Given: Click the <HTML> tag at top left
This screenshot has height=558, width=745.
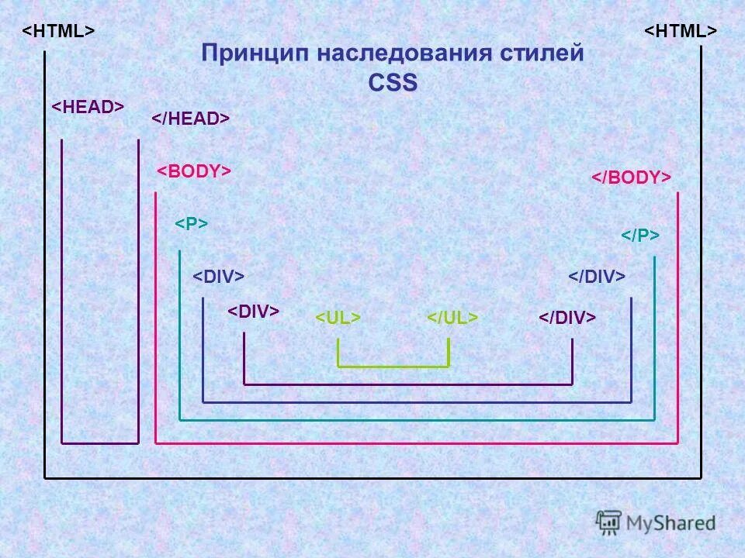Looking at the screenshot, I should click(58, 31).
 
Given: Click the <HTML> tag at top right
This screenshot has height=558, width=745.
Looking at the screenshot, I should click(681, 31).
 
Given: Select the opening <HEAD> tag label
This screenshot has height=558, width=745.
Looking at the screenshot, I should click(88, 108).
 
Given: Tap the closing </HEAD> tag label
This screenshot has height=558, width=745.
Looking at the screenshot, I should click(190, 118).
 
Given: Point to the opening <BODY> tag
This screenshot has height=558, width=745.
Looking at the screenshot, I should click(194, 171).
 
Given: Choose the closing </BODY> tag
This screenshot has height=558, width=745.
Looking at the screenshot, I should click(631, 177).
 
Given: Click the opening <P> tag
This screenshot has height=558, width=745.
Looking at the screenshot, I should click(191, 224).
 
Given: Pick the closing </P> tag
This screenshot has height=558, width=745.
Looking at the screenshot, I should click(640, 236).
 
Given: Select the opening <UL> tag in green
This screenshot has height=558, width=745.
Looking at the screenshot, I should click(338, 319).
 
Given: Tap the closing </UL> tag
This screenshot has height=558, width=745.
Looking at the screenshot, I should click(452, 319).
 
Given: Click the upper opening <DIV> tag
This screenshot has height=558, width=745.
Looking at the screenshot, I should click(218, 277).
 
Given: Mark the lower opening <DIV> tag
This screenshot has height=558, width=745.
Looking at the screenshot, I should click(253, 312).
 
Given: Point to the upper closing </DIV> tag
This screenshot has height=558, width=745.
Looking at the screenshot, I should click(597, 277).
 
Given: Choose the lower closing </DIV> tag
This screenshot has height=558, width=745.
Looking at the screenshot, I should click(567, 319).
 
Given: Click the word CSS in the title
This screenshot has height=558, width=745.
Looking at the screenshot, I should click(392, 82).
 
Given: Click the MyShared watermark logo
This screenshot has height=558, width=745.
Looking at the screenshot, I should click(657, 522).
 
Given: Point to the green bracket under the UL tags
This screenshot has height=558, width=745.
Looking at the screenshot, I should click(393, 365).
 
